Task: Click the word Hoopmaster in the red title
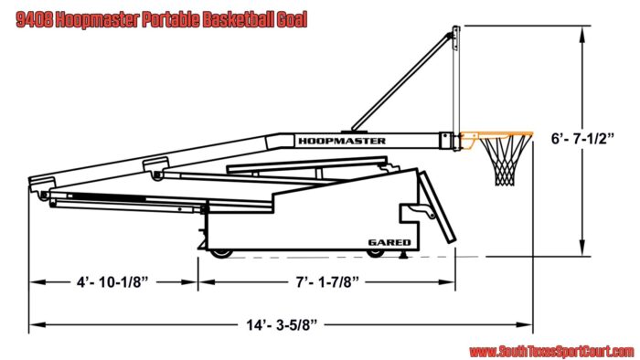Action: (x=97, y=20)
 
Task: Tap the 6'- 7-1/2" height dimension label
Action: (x=582, y=139)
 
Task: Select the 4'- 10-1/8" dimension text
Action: (x=112, y=282)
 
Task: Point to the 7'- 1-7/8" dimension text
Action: (x=327, y=282)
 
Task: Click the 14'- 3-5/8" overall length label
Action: (x=282, y=325)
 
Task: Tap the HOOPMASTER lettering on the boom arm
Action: (x=342, y=141)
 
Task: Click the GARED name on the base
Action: (x=389, y=242)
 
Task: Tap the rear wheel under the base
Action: (x=221, y=254)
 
